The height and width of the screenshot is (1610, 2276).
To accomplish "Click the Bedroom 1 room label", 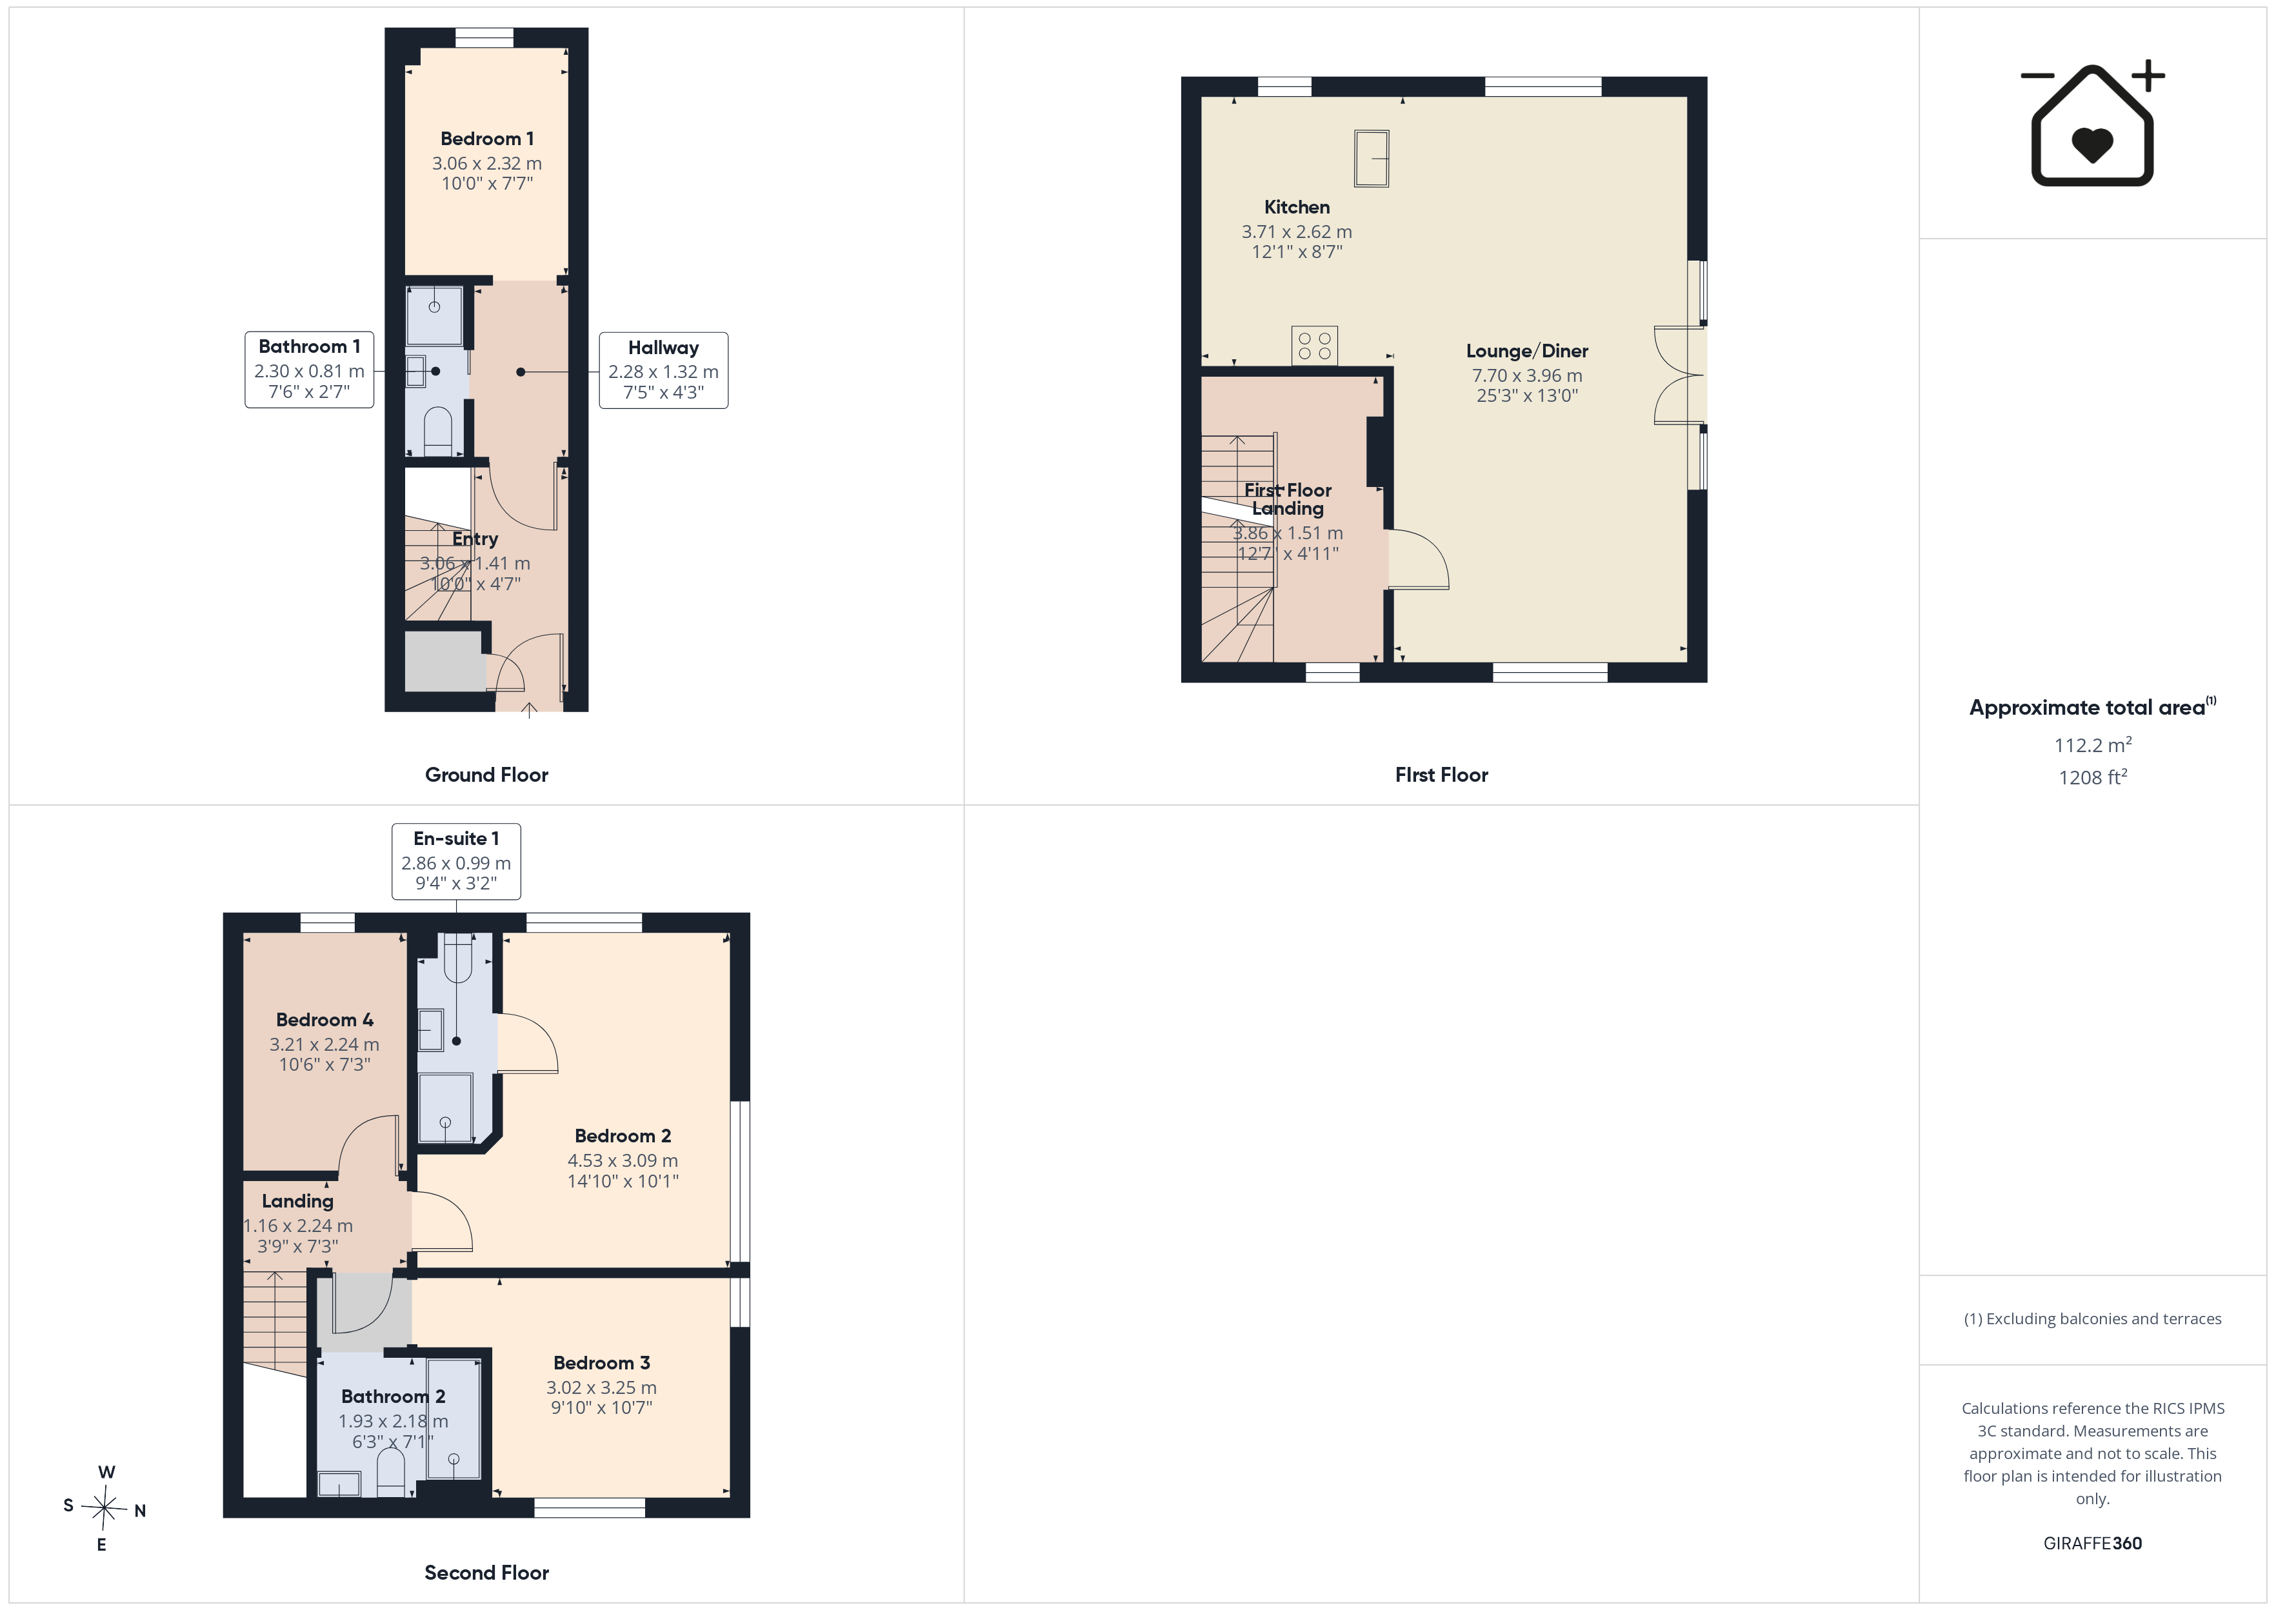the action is (486, 139).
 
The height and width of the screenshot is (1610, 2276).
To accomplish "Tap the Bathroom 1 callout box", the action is (309, 370).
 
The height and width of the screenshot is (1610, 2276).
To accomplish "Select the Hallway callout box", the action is (663, 370).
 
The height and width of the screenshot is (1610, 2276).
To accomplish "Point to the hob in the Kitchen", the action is (1315, 346).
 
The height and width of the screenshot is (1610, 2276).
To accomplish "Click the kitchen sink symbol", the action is (1372, 159).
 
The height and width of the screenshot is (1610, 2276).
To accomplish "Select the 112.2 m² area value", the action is (2093, 744).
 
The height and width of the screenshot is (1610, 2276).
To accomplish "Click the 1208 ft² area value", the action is (2093, 777).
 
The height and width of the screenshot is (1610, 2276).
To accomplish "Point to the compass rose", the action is (103, 1508).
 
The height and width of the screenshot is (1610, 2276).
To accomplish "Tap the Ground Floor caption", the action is (486, 774).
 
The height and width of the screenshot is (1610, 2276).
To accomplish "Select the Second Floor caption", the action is (486, 1573).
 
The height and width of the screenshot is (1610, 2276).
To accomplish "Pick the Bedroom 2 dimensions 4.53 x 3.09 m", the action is (623, 1160).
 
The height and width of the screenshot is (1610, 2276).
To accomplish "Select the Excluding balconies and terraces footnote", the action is (2093, 1318).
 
